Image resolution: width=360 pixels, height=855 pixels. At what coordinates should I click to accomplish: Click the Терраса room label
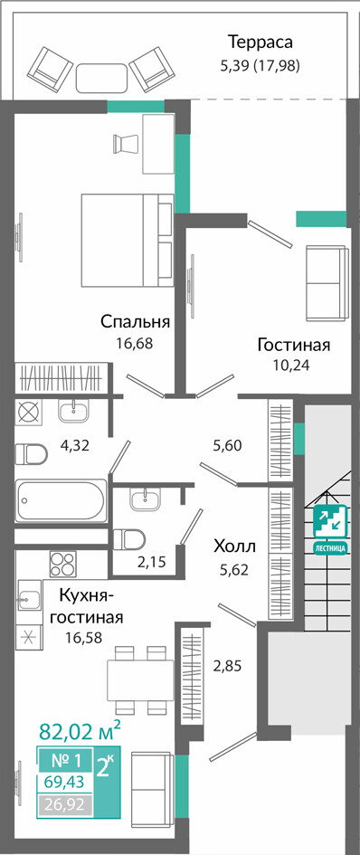261,42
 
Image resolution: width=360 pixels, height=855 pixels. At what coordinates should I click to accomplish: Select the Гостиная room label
294,345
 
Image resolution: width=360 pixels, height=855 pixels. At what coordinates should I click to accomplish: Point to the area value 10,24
292,366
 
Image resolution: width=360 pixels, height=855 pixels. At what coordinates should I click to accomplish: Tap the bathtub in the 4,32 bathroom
62,500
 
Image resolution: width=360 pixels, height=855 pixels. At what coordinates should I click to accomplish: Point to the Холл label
234,546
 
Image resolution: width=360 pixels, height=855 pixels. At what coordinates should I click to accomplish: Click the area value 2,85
226,665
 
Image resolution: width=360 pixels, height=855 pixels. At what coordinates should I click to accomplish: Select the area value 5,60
227,445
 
